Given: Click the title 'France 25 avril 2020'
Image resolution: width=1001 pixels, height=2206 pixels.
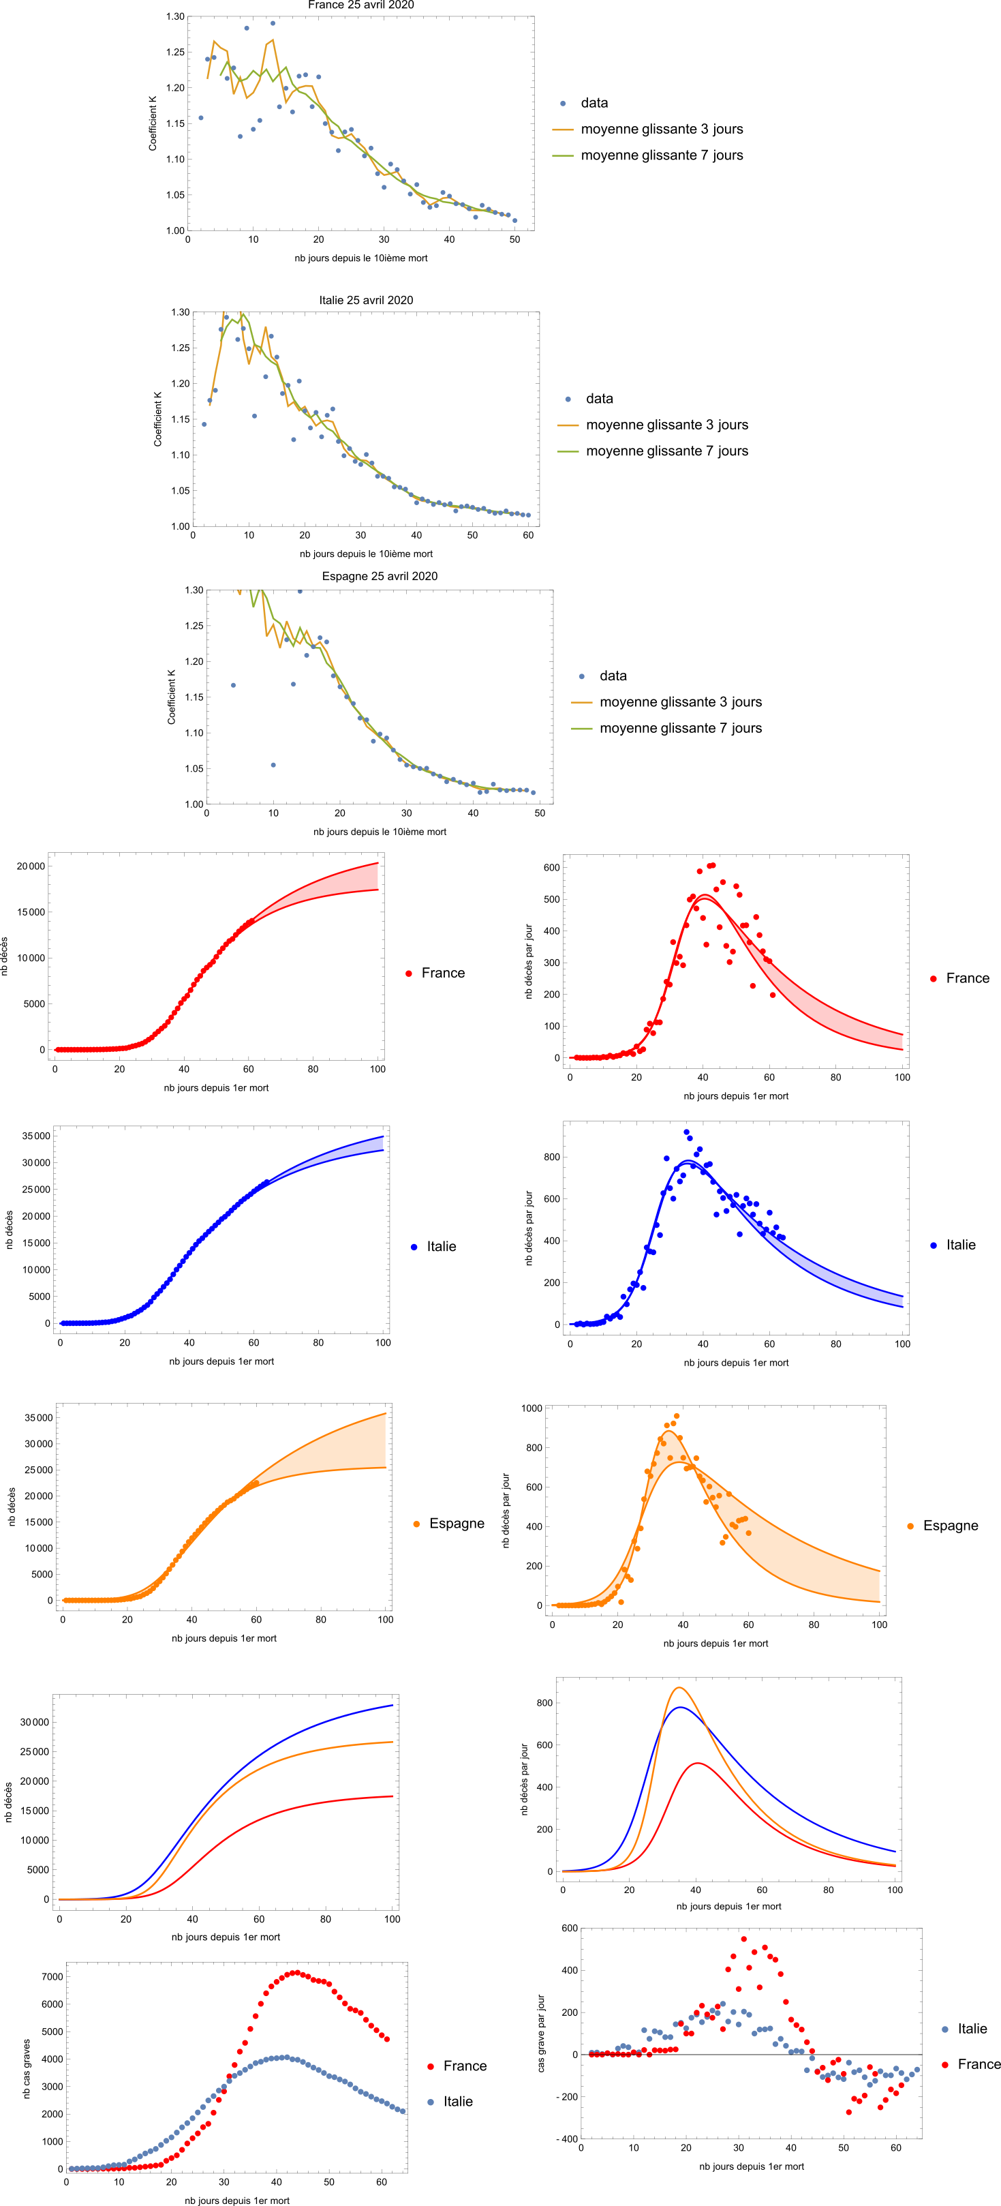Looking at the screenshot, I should pyautogui.click(x=360, y=5).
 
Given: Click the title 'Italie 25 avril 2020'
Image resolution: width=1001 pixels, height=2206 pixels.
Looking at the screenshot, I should pyautogui.click(x=366, y=300).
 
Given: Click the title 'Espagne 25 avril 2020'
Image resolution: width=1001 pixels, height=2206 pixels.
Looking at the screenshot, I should pyautogui.click(x=380, y=576).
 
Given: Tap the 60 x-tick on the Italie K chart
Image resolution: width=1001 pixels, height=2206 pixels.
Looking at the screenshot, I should pyautogui.click(x=528, y=535).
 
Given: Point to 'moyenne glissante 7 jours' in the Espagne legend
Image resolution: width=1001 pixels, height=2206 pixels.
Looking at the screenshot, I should pyautogui.click(x=680, y=728).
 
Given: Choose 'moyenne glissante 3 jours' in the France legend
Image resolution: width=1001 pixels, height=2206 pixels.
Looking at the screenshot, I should pyautogui.click(x=661, y=130).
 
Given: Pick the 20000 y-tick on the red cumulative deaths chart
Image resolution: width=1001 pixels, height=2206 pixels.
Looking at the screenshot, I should pyautogui.click(x=31, y=866).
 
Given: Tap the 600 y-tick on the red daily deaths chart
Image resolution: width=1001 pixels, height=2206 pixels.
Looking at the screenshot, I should pyautogui.click(x=551, y=868).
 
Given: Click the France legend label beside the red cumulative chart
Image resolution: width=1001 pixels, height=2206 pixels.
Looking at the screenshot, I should pyautogui.click(x=443, y=973).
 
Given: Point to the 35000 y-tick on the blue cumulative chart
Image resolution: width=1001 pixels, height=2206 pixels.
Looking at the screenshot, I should pyautogui.click(x=35, y=1136).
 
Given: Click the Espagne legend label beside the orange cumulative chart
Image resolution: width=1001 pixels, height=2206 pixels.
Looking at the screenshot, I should pyautogui.click(x=457, y=1524).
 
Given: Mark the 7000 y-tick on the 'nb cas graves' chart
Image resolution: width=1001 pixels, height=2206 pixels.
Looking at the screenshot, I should pyautogui.click(x=52, y=1976).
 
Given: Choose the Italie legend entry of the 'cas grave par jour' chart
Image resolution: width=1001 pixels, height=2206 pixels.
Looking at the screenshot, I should pyautogui.click(x=972, y=2029).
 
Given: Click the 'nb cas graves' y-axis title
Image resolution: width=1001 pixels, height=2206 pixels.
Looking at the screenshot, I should pyautogui.click(x=27, y=2068).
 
